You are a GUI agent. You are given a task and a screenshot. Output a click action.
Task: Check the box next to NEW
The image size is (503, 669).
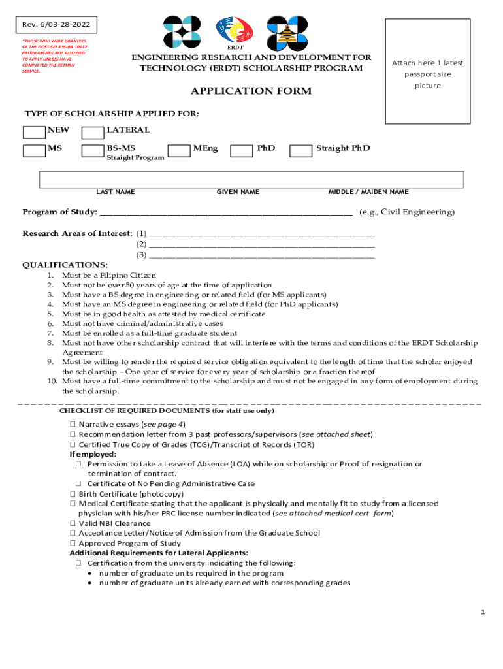pyautogui.click(x=34, y=132)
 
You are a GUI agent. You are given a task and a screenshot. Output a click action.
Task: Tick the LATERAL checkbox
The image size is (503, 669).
pyautogui.click(x=92, y=132)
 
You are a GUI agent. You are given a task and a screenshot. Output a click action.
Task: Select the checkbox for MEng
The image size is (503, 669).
pyautogui.click(x=179, y=151)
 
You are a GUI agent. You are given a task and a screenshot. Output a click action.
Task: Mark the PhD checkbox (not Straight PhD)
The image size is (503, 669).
pyautogui.click(x=242, y=151)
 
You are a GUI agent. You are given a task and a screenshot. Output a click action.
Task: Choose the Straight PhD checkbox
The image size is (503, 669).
pyautogui.click(x=300, y=151)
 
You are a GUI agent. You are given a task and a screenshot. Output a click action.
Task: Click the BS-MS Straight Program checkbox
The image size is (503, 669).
pyautogui.click(x=92, y=151)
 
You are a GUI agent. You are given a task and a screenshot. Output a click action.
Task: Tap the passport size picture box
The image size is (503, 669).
pyautogui.click(x=427, y=71)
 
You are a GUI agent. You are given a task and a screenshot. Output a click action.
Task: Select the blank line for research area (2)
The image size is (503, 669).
pyautogui.click(x=262, y=245)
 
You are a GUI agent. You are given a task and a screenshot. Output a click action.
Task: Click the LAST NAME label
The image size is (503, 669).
pyautogui.click(x=116, y=192)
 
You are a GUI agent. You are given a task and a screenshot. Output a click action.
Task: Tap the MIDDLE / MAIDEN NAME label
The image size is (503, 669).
pyautogui.click(x=368, y=192)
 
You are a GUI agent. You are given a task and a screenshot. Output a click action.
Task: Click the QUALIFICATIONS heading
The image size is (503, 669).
pyautogui.click(x=65, y=265)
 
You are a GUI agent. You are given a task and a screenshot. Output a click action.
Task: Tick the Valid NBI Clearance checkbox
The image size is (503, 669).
pyautogui.click(x=73, y=523)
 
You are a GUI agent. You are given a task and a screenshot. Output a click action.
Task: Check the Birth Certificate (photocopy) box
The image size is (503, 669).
pyautogui.click(x=73, y=494)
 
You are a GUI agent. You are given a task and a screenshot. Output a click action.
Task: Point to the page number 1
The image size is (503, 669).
pyautogui.click(x=482, y=612)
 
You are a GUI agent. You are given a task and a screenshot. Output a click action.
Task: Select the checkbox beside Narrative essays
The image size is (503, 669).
pyautogui.click(x=73, y=424)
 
